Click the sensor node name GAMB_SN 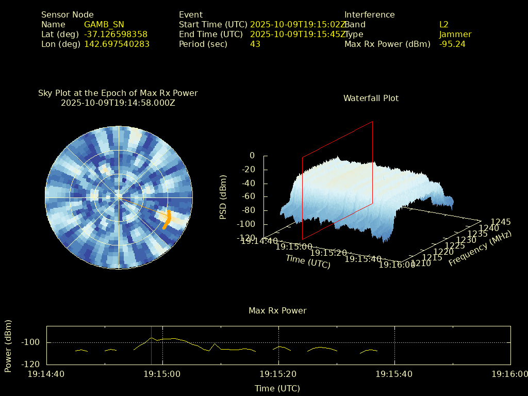click(x=104, y=25)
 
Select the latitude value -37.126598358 click(x=115, y=35)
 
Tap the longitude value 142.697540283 click(x=117, y=44)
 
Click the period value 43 click(x=255, y=44)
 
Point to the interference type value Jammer click(x=455, y=35)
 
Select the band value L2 click(x=444, y=25)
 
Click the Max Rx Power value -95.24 click(x=452, y=44)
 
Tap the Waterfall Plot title click(x=371, y=98)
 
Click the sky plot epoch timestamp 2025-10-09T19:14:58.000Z click(x=118, y=103)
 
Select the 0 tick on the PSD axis click(x=252, y=155)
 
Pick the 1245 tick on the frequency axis click(x=501, y=222)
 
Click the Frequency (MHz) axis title click(x=480, y=249)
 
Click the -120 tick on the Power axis click(x=32, y=364)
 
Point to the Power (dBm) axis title click(x=8, y=345)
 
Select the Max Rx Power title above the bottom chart click(x=277, y=311)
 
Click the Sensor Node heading click(x=68, y=15)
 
